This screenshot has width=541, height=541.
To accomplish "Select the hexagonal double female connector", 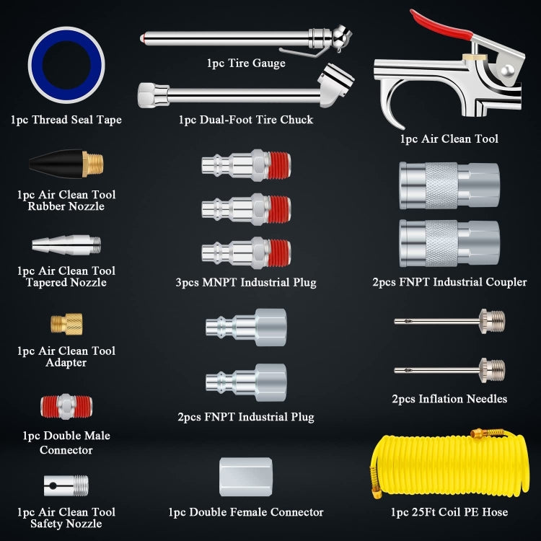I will point(246,477).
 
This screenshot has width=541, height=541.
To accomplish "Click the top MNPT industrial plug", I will point(246,164).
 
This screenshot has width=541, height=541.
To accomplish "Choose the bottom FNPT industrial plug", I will point(246,382).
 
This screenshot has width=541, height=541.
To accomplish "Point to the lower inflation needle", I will point(449,370).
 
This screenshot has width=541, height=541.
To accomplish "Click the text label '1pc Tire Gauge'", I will point(246,63).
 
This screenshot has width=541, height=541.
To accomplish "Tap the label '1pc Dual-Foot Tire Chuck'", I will point(246,120).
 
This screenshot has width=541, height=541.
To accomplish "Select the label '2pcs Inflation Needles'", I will point(449,399).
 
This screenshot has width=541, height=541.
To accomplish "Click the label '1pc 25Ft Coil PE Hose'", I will point(449,512).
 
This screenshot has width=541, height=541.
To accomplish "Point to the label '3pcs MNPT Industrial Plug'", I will point(246,283).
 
